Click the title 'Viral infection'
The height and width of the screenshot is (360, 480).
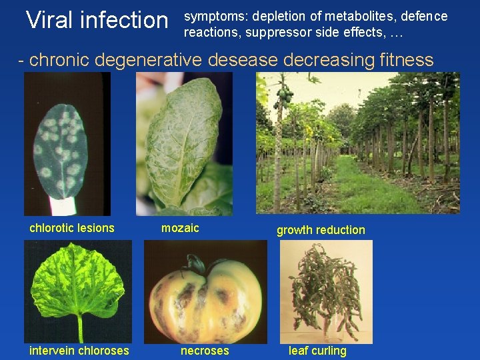coord(97,20)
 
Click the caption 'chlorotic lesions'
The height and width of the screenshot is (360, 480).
coord(72,228)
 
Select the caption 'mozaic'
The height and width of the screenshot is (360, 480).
coord(180,228)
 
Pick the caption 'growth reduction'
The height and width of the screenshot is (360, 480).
coord(321,230)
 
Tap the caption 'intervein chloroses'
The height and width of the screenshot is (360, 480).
coord(79,351)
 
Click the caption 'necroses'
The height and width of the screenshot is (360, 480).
coord(205,351)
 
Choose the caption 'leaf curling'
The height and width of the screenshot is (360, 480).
coord(317,351)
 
